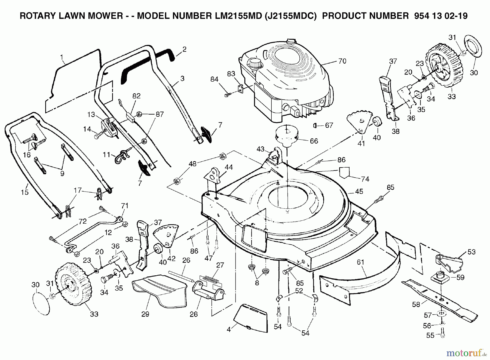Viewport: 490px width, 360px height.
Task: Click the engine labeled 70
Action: pyautogui.click(x=286, y=79)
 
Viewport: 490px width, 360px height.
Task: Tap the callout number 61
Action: pyautogui.click(x=360, y=262)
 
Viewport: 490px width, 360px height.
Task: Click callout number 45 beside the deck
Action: pyautogui.click(x=359, y=192)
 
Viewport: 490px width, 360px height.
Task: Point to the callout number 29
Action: pyautogui.click(x=145, y=314)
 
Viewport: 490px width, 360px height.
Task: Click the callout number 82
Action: pyautogui.click(x=136, y=96)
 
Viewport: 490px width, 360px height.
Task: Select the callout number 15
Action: pyautogui.click(x=25, y=192)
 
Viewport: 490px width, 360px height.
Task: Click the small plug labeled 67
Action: pyautogui.click(x=316, y=125)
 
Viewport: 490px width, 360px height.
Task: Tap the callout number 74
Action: pyautogui.click(x=365, y=179)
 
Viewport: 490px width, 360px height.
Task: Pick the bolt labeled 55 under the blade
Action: pyautogui.click(x=442, y=335)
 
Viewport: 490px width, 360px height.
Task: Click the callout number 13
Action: pyautogui.click(x=91, y=115)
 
